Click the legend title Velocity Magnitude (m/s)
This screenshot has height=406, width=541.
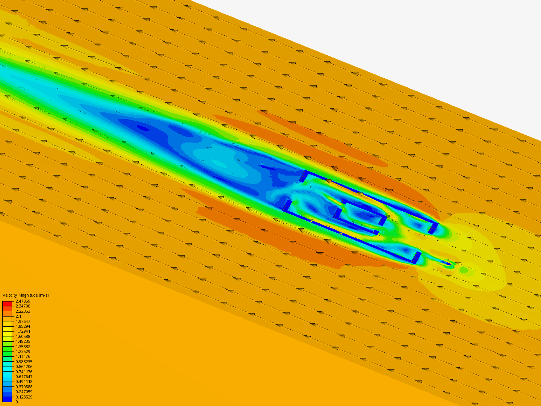coord(26,295)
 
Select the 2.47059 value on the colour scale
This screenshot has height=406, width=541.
coord(23,301)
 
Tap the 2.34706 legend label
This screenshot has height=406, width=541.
coord(23,306)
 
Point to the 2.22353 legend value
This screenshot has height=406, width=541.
coord(23,311)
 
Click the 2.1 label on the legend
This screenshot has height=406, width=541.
coord(18,316)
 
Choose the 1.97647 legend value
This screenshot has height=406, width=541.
coord(23,321)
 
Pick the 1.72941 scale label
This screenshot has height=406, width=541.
coord(23,331)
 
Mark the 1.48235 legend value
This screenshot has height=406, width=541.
coord(23,341)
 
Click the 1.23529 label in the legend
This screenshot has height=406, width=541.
coord(23,351)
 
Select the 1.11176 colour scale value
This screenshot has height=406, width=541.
coord(23,356)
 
